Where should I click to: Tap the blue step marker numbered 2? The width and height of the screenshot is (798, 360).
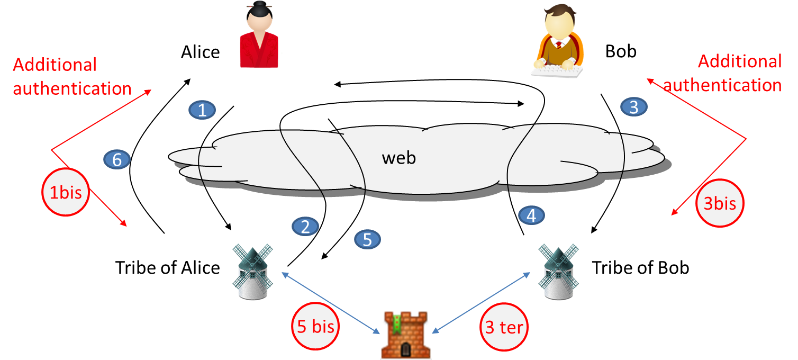pos(305,227)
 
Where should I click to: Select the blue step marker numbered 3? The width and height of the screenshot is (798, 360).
pos(633,107)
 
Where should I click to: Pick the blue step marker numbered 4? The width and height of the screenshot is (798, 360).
pos(531,215)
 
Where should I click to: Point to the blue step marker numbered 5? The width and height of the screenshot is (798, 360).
pos(367,239)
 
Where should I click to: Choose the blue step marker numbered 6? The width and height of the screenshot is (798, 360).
pos(117,159)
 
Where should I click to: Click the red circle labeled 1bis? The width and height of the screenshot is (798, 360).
pos(66,193)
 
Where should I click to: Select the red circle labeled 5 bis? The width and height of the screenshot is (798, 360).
pos(316,327)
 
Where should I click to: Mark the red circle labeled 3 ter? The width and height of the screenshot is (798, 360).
pos(504,328)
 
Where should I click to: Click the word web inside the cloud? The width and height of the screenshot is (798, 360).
pos(399,158)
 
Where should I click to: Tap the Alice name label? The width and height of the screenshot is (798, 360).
pos(200,52)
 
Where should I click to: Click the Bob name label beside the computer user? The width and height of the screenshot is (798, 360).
pos(621,52)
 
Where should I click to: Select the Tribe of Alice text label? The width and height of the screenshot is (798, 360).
pos(167,268)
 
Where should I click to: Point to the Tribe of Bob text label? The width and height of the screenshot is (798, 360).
pos(640,268)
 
